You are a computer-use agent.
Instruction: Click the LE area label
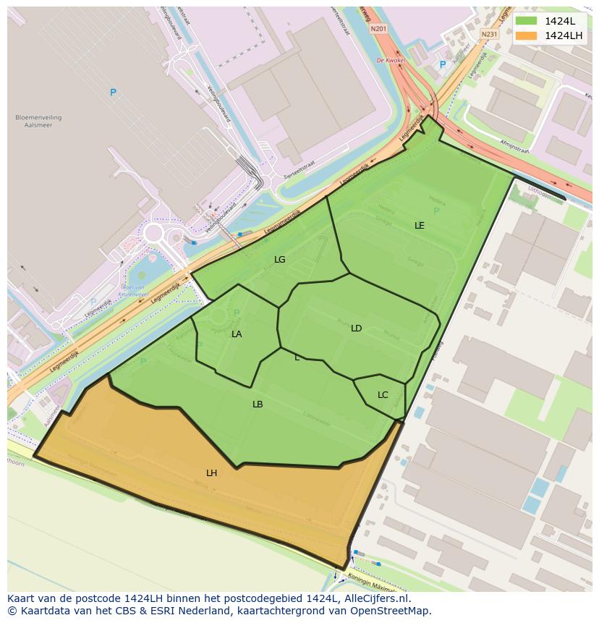pyautogui.click(x=419, y=226)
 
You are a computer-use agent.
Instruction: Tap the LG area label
pyautogui.click(x=279, y=260)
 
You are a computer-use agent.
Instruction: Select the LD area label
pyautogui.click(x=356, y=329)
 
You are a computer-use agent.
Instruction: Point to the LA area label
pyautogui.click(x=237, y=334)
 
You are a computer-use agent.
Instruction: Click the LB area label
pyautogui.click(x=258, y=404)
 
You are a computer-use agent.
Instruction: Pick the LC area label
pyautogui.click(x=383, y=395)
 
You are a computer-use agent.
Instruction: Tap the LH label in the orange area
pyautogui.click(x=211, y=473)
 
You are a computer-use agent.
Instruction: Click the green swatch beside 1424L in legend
pyautogui.click(x=527, y=21)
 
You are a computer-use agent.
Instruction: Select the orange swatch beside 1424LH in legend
pyautogui.click(x=527, y=35)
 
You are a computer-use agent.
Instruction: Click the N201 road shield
pyautogui.click(x=378, y=29)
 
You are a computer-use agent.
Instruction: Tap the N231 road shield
pyautogui.click(x=490, y=34)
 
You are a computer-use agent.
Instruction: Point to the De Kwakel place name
pyautogui.click(x=390, y=61)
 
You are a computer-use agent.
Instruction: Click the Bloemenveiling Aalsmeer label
pyautogui.click(x=38, y=121)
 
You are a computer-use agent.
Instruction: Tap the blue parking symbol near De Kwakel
pyautogui.click(x=443, y=65)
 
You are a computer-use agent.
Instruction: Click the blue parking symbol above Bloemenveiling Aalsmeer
pyautogui.click(x=113, y=93)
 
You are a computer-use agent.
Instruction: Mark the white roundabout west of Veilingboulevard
pyautogui.click(x=153, y=233)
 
